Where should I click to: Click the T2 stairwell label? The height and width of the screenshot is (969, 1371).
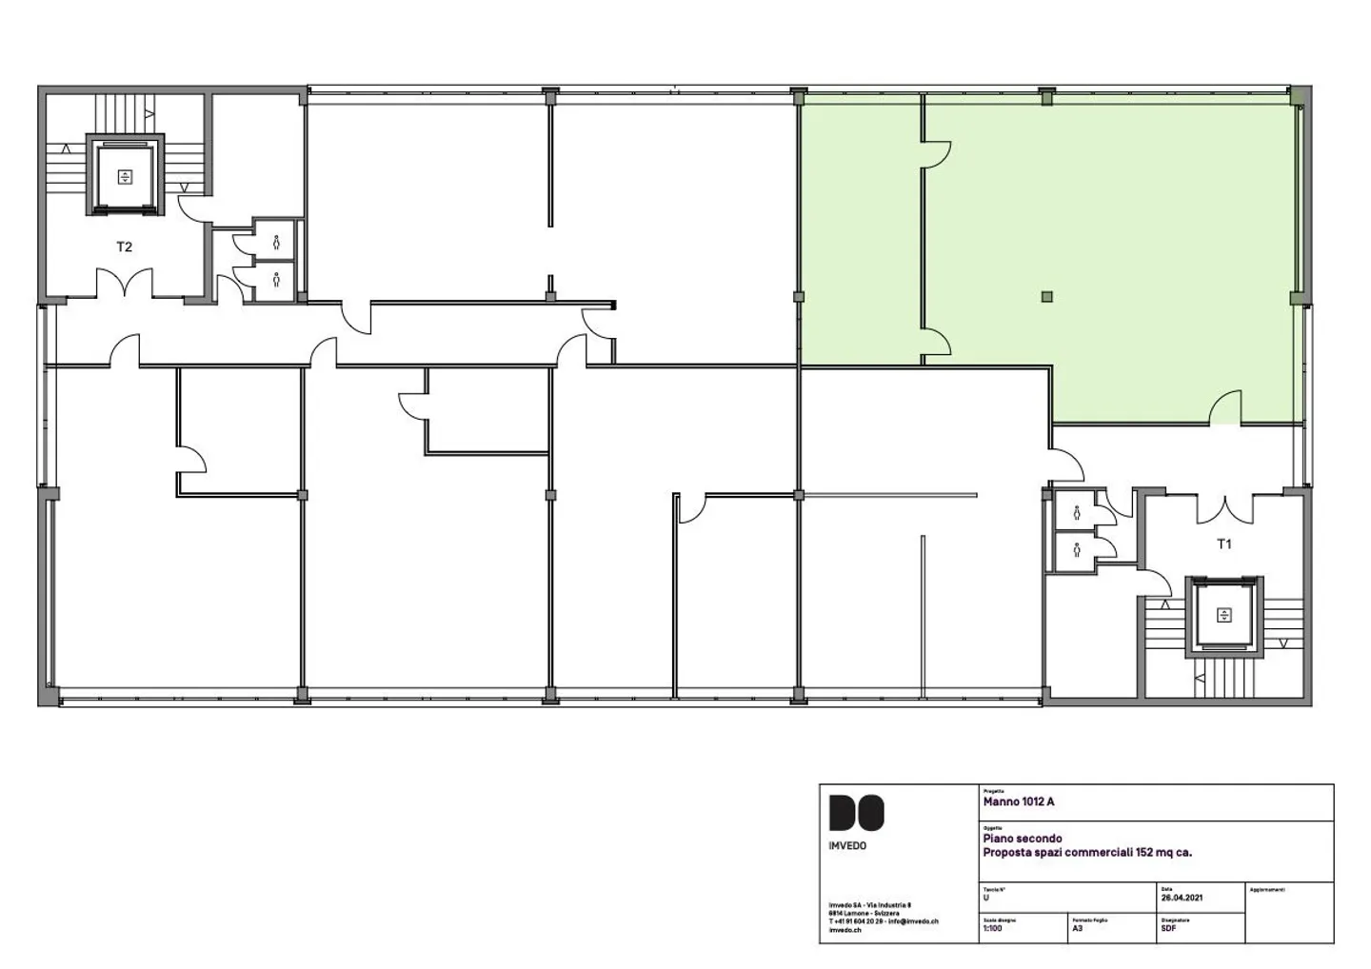tap(124, 247)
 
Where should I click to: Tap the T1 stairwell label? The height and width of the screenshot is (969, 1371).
tap(1224, 544)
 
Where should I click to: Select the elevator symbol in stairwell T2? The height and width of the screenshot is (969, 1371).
tap(125, 176)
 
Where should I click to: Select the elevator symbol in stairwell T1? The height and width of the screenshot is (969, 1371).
tap(1223, 615)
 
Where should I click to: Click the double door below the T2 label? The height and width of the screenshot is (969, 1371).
tap(124, 283)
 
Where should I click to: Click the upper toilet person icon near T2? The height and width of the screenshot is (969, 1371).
tap(276, 242)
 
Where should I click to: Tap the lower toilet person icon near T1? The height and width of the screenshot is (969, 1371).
tap(1077, 549)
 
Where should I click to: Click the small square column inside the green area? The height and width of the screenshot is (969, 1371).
tap(1047, 297)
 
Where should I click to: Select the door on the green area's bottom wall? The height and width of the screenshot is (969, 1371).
tap(1225, 409)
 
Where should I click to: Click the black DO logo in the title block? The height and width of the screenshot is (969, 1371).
tap(856, 813)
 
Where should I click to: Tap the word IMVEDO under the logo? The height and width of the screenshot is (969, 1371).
tap(847, 845)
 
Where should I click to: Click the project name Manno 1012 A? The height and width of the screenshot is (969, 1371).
tap(1019, 801)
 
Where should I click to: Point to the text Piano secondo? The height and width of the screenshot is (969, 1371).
tap(1023, 839)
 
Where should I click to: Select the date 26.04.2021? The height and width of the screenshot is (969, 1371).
tap(1182, 898)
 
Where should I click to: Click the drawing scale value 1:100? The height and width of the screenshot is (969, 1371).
tap(993, 928)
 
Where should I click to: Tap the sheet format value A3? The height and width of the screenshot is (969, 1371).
tap(1078, 928)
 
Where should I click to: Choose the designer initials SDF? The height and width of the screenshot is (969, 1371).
tap(1168, 928)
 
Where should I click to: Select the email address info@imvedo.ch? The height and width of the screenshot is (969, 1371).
tap(913, 921)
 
